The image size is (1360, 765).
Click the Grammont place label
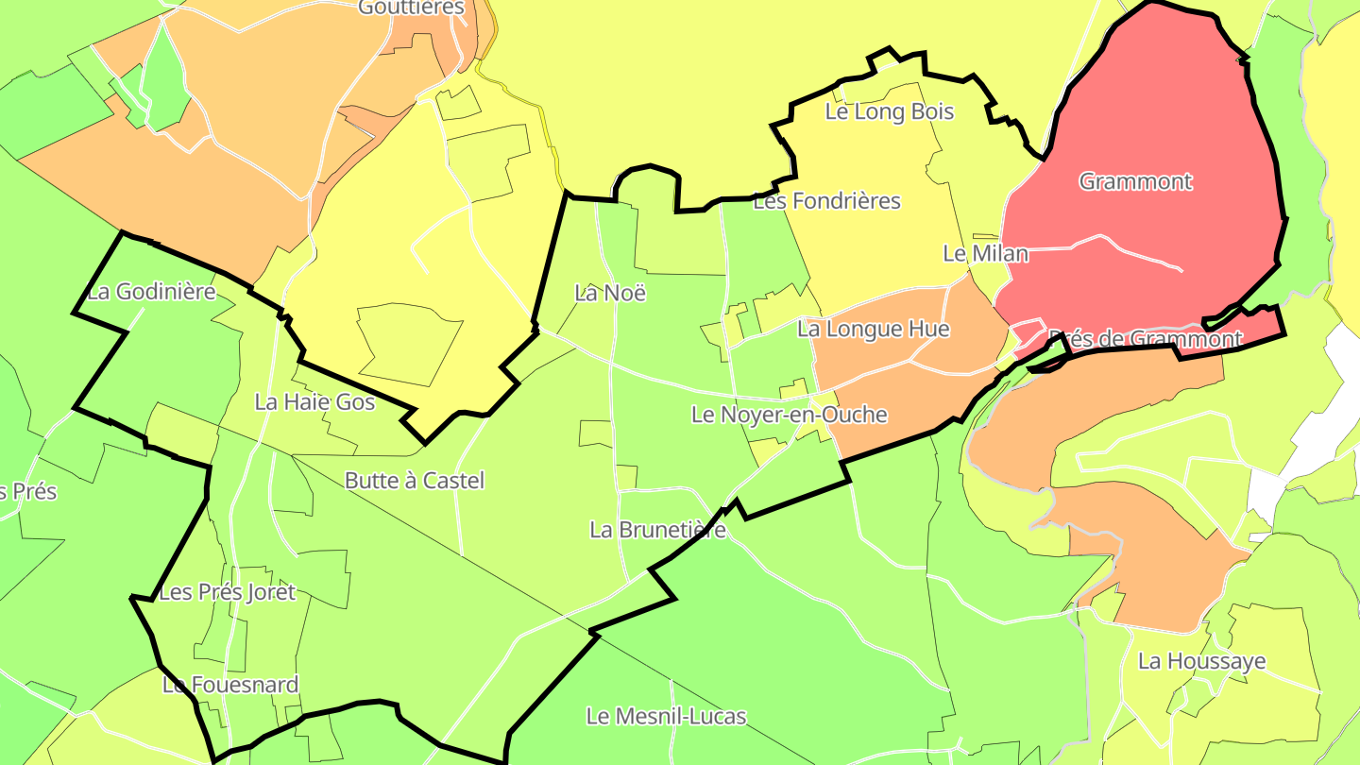click(1135, 181)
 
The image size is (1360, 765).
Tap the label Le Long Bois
click(890, 111)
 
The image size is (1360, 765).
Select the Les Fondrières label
click(826, 201)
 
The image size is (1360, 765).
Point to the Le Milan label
click(985, 253)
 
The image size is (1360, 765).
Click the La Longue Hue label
click(873, 329)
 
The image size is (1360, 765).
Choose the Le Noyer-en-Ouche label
click(789, 415)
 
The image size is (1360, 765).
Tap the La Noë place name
click(610, 293)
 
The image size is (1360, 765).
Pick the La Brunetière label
click(657, 530)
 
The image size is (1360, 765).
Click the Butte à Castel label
click(414, 481)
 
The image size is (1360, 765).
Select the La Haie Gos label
click(314, 402)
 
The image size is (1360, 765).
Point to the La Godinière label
click(151, 292)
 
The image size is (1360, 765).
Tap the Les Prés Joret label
click(227, 593)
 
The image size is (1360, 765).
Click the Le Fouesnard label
click(230, 685)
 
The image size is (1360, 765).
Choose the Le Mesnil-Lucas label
click(666, 717)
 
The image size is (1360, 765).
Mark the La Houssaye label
click(1201, 661)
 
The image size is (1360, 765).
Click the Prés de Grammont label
click(1145, 339)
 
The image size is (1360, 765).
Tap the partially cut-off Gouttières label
click(412, 8)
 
